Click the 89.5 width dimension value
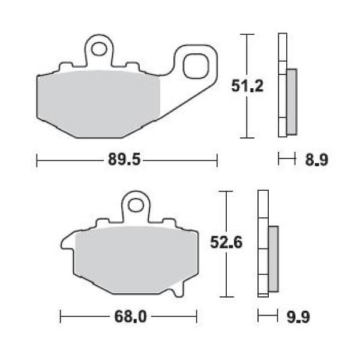[x=124, y=160]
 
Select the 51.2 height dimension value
[x=247, y=86]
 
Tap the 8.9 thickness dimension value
[x=317, y=160]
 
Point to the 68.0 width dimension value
[x=130, y=317]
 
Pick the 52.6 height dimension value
[x=226, y=242]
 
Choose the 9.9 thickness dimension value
[x=298, y=317]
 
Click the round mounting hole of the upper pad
[x=99, y=49]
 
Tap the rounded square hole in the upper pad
[x=196, y=66]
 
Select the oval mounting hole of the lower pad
[x=136, y=205]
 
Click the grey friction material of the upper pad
[x=99, y=103]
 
